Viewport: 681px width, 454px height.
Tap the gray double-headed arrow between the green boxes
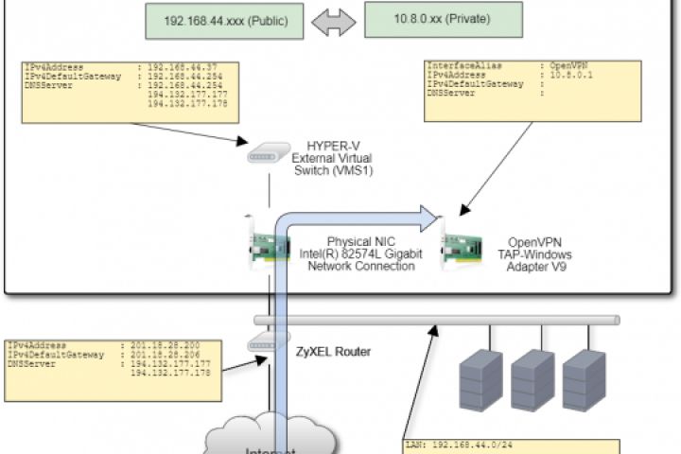327,22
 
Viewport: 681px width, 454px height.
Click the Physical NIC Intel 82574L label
361,254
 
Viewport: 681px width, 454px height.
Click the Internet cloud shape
271,437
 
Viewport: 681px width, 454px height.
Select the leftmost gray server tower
480,378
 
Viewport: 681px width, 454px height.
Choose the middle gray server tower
531,378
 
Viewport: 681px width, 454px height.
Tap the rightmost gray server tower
583,378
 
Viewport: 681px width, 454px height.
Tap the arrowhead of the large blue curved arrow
430,219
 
